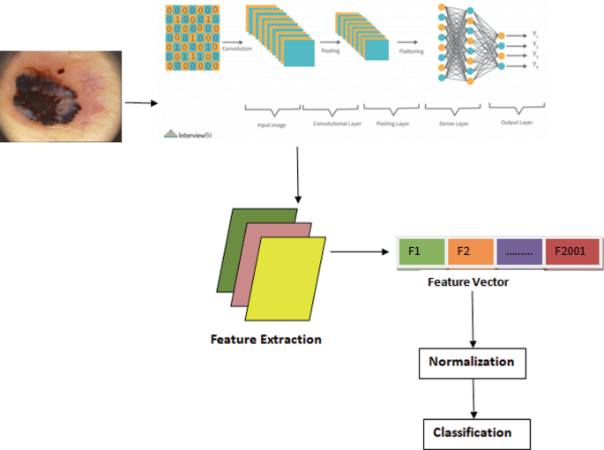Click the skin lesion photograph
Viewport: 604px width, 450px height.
coord(59,95)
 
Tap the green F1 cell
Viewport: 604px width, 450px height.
coord(421,251)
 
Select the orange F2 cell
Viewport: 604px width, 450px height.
coord(470,251)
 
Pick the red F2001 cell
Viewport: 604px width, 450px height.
coord(572,251)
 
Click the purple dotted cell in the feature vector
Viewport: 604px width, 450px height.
coord(520,251)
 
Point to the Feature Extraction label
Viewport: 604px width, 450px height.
coord(265,339)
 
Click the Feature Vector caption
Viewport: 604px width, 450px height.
coord(467,282)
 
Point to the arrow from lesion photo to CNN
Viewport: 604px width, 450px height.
coord(140,103)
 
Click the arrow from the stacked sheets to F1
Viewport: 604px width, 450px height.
coord(360,251)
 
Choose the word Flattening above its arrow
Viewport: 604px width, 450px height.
coord(409,51)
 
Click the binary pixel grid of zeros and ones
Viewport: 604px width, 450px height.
coord(189,41)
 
